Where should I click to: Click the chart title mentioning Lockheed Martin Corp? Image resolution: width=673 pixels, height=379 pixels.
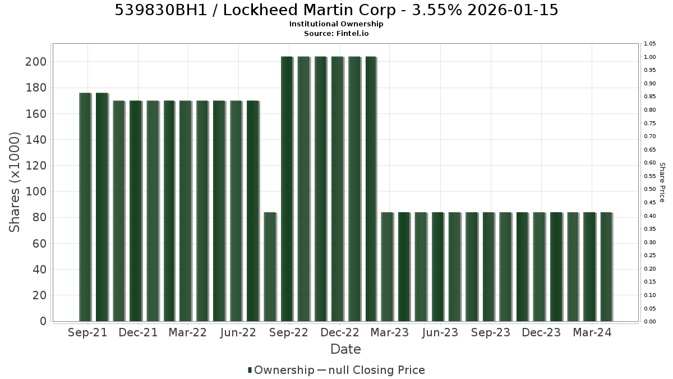(336, 10)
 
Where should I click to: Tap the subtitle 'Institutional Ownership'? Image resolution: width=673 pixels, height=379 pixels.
(336, 24)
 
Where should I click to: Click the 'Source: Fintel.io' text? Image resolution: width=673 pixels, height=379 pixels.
(336, 33)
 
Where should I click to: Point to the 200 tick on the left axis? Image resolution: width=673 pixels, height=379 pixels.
(36, 62)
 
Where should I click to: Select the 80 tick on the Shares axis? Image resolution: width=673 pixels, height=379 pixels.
(39, 217)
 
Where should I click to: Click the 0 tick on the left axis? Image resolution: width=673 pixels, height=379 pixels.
(43, 321)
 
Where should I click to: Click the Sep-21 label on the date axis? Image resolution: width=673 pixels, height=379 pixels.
(87, 332)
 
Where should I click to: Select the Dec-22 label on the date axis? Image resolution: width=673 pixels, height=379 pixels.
(340, 332)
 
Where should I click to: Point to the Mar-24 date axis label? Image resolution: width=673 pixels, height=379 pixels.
(592, 332)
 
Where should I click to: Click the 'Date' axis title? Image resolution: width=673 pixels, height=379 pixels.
(345, 349)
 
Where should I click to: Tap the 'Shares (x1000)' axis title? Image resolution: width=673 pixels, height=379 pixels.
(15, 182)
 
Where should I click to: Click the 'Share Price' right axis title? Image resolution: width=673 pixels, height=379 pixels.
(662, 182)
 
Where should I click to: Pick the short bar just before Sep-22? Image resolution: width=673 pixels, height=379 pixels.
(270, 267)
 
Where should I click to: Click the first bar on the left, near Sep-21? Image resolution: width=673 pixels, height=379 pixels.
(85, 207)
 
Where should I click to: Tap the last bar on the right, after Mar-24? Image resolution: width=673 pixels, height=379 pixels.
(607, 267)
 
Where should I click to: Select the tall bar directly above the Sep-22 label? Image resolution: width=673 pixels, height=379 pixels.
(287, 189)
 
